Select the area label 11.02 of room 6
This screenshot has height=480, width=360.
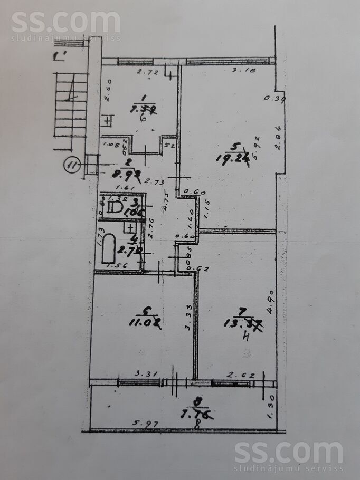pyautogui.click(x=144, y=321)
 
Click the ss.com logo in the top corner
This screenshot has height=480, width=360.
pyautogui.click(x=65, y=24)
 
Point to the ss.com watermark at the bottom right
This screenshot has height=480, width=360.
pyautogui.click(x=289, y=455)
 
